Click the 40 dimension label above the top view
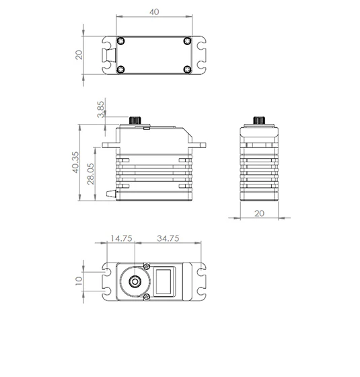(154, 12)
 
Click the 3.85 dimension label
(101, 109)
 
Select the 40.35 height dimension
(75, 162)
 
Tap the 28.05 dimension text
(91, 174)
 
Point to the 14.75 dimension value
(121, 238)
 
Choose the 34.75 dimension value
(168, 238)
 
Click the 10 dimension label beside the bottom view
(79, 281)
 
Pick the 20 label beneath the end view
(259, 213)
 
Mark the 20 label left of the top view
(79, 55)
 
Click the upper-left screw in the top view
(120, 40)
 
